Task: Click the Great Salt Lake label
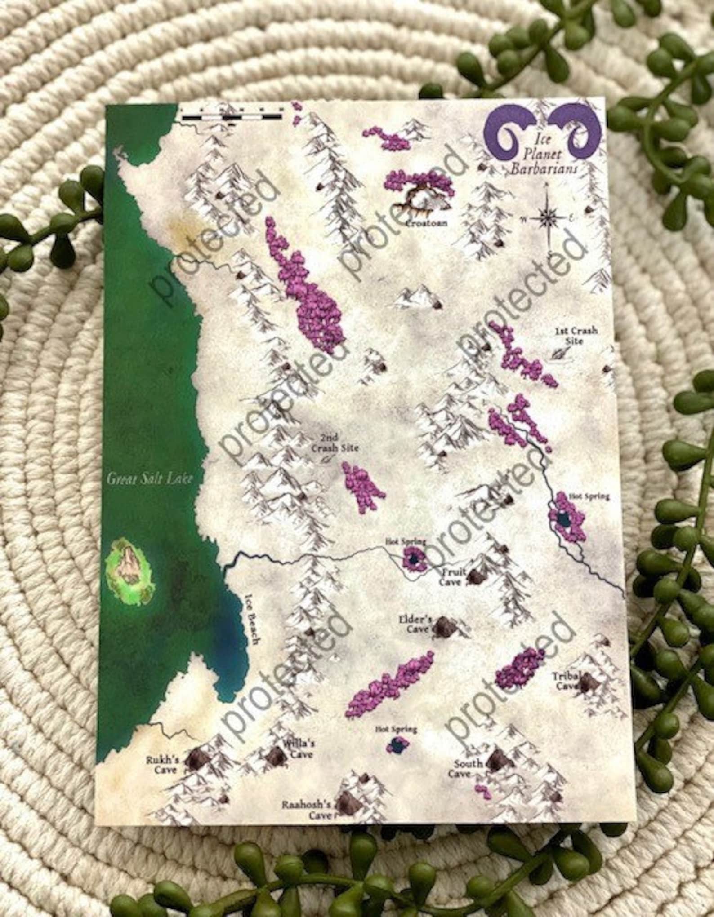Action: click(149, 478)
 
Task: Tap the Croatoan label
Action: click(427, 223)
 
